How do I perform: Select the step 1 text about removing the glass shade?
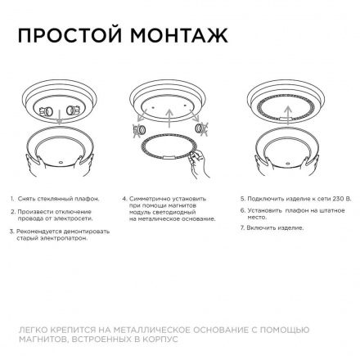(x=56, y=198)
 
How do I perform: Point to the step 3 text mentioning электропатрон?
(x=61, y=234)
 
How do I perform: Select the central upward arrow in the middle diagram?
(x=169, y=115)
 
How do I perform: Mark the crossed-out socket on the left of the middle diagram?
(x=140, y=128)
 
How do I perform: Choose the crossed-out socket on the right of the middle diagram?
(x=201, y=128)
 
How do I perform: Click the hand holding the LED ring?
(x=195, y=166)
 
